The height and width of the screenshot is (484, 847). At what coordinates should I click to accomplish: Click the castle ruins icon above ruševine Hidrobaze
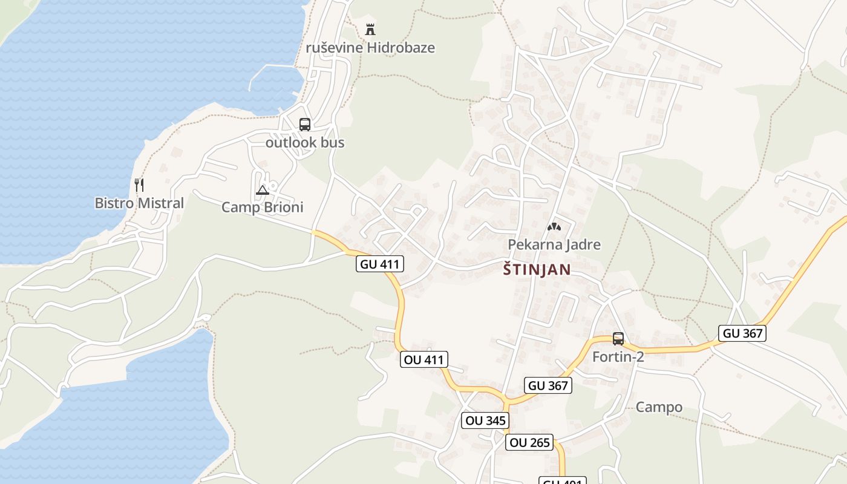(370, 29)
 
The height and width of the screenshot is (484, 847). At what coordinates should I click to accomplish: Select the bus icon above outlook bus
(305, 125)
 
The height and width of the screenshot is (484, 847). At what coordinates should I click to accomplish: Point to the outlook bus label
(305, 143)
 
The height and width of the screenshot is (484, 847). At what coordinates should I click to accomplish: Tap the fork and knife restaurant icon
(139, 184)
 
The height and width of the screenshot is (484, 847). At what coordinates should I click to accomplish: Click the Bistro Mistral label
(139, 203)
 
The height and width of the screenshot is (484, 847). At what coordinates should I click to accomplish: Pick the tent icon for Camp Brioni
(262, 190)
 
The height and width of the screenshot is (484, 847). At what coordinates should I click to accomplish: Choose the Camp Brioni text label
(262, 208)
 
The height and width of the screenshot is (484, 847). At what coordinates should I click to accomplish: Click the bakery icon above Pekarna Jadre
(554, 227)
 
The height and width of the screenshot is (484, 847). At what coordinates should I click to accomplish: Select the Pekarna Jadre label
(554, 244)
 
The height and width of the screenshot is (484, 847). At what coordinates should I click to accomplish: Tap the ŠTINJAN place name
(537, 270)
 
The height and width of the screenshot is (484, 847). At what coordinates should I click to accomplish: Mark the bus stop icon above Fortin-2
(618, 339)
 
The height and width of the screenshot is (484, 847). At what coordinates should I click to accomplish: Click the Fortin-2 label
(618, 357)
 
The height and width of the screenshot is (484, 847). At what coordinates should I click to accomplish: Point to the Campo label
(659, 407)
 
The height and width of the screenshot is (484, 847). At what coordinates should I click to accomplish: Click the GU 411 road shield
(380, 264)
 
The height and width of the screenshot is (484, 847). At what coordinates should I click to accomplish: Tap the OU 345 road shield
(485, 420)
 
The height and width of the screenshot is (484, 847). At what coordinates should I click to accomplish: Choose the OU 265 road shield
(529, 442)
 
